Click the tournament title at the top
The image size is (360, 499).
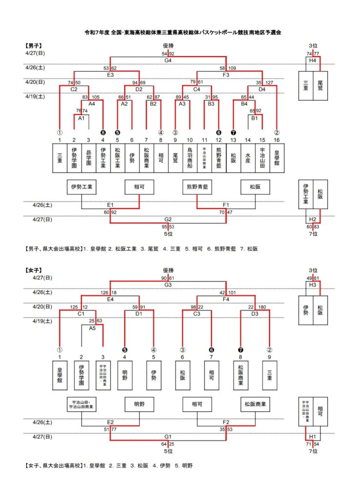[180, 33]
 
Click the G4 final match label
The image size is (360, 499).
[168, 60]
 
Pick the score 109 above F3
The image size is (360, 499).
[231, 69]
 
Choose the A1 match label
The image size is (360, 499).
[81, 118]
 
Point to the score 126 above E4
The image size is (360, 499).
[104, 293]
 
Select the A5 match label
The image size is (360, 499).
[92, 328]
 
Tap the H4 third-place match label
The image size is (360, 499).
[313, 60]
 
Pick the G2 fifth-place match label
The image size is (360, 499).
[168, 219]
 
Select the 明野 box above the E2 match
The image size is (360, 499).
[139, 404]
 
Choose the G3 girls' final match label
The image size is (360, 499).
[168, 285]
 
